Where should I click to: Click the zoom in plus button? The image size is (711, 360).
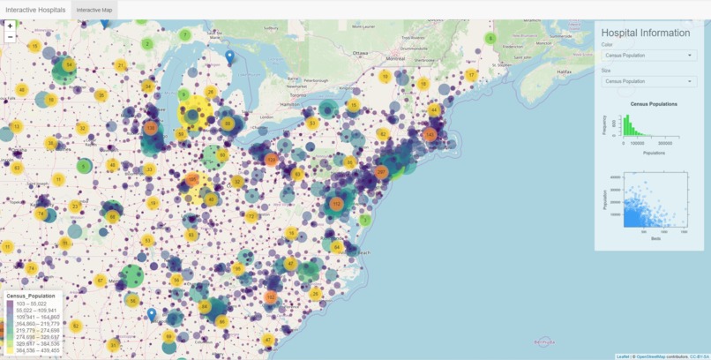tap(10, 26)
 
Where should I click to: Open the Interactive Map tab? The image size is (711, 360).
tap(94, 10)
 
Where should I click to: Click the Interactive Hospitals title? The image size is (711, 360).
tap(34, 9)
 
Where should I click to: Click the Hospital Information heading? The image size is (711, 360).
tap(646, 33)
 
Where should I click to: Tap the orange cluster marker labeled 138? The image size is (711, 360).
tap(151, 129)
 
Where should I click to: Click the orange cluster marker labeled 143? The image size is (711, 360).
tap(430, 134)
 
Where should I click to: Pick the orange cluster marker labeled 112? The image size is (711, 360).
tap(336, 204)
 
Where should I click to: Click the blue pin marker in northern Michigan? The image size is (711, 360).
tap(230, 57)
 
